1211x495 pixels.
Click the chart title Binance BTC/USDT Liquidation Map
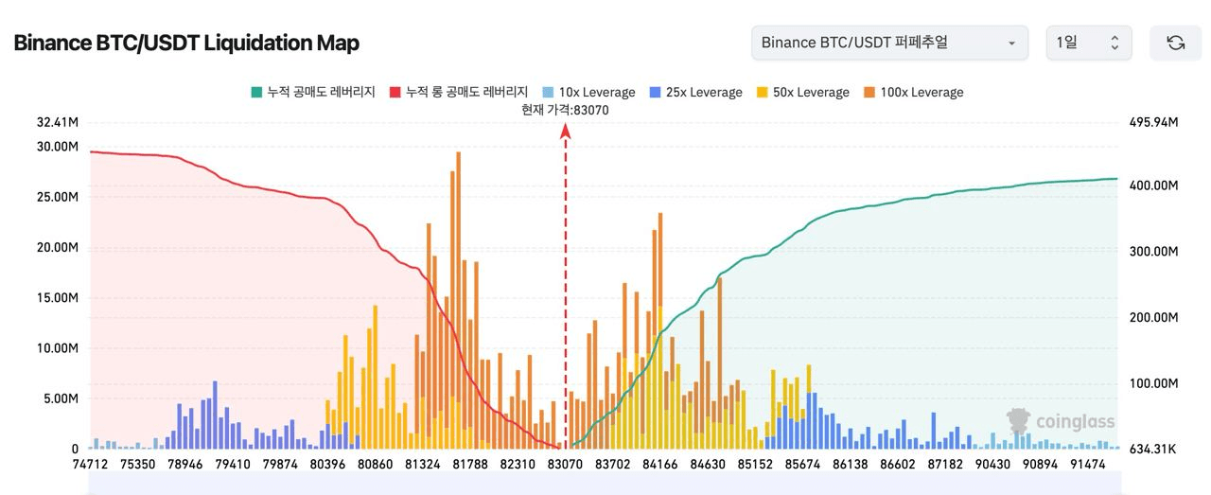click(x=186, y=43)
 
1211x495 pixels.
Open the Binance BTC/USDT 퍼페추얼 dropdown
click(x=888, y=43)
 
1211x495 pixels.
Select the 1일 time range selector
click(x=1088, y=43)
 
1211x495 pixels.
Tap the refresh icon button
click(x=1175, y=43)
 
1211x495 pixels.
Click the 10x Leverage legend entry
click(x=588, y=92)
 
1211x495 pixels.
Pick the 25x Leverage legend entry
click(x=695, y=92)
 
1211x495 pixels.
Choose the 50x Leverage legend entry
click(x=802, y=92)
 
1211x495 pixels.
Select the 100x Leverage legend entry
click(x=913, y=92)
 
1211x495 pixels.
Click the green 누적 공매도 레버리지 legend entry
click(x=313, y=92)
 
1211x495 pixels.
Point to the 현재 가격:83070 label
click(x=565, y=110)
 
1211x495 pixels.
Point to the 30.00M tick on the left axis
click(x=58, y=147)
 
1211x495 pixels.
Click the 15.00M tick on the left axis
click(x=58, y=298)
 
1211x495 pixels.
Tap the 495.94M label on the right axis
click(x=1152, y=122)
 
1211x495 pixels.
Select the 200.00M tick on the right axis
click(x=1152, y=317)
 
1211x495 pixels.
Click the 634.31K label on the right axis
click(x=1152, y=449)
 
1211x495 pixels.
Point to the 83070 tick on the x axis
click(x=566, y=465)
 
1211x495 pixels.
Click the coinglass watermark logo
click(x=1061, y=421)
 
